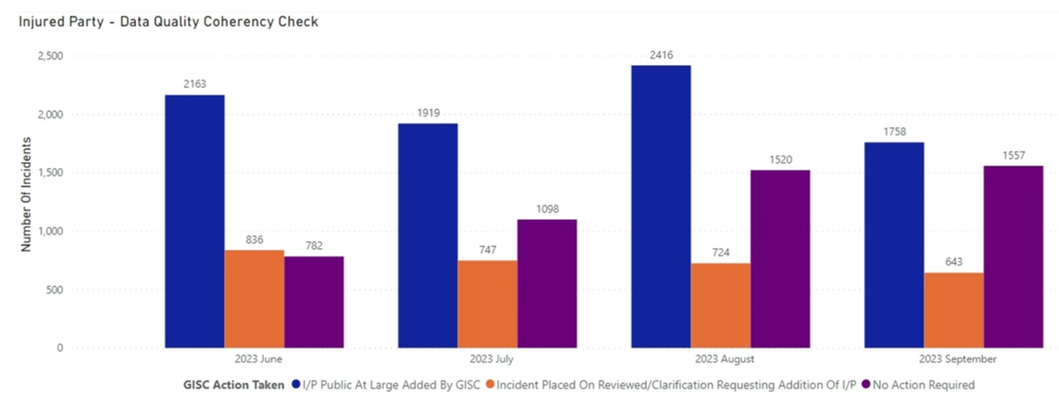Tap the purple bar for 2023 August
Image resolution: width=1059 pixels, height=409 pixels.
(x=780, y=259)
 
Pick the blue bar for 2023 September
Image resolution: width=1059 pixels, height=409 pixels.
(x=894, y=245)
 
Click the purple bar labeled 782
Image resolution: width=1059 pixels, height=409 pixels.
(x=314, y=302)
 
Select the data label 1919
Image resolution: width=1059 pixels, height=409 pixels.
(x=428, y=113)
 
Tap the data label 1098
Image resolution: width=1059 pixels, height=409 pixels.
(x=547, y=209)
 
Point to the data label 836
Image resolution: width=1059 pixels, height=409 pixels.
(x=254, y=239)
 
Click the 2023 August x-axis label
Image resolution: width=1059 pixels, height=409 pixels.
(x=721, y=359)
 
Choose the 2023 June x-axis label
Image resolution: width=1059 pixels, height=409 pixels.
(x=254, y=359)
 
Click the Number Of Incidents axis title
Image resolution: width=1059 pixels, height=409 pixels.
(x=26, y=194)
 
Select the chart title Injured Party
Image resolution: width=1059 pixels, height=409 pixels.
(x=169, y=21)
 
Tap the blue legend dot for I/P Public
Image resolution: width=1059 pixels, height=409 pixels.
(x=296, y=385)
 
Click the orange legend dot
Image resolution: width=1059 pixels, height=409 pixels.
(x=491, y=385)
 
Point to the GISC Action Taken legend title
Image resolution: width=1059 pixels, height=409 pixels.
(x=234, y=385)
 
